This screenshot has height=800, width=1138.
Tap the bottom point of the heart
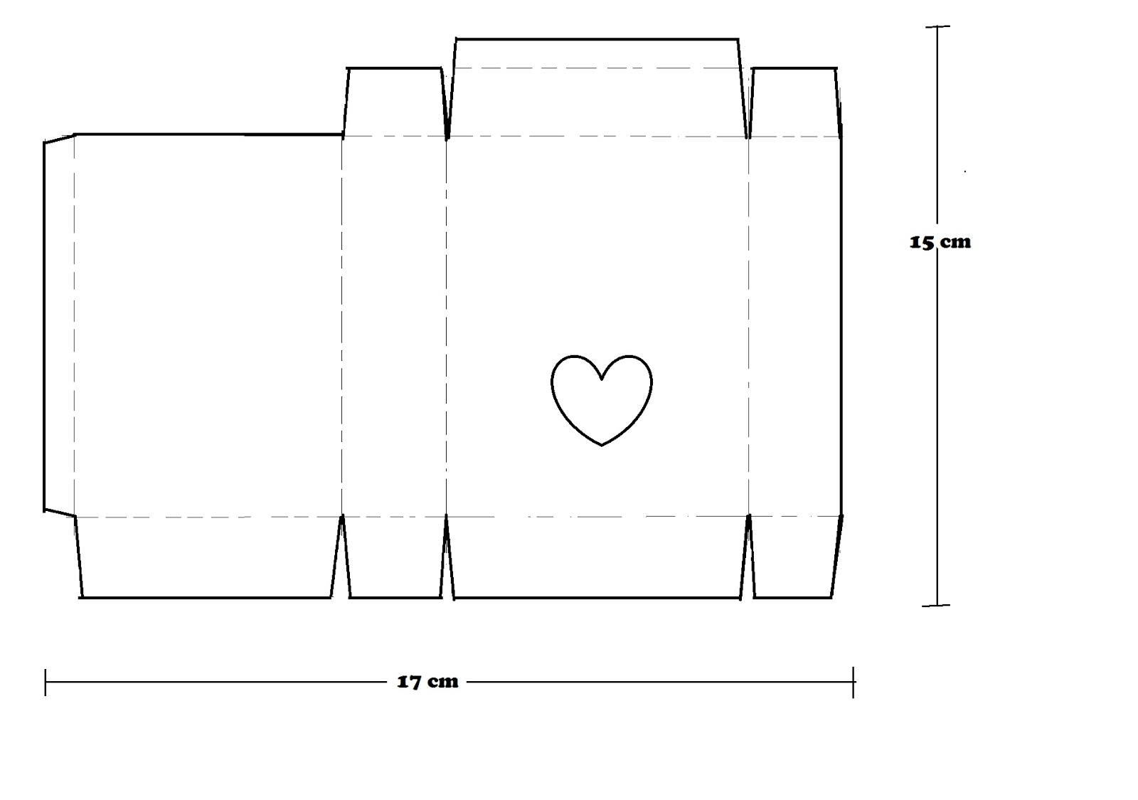tap(602, 446)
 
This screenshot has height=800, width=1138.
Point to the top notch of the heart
tap(602, 379)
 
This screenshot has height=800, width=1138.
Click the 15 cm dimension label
tap(940, 243)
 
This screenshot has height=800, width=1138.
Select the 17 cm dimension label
tap(427, 682)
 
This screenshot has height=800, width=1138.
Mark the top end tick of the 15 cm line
tap(937, 26)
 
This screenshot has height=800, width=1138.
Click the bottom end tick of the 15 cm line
tap(936, 605)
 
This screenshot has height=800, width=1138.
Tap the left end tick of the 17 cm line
tap(46, 682)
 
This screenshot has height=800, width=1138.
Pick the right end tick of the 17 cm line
tap(854, 682)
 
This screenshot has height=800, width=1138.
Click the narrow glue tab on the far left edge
tap(60, 326)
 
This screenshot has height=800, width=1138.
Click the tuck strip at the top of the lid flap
tap(597, 53)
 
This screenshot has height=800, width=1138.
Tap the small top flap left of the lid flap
tap(394, 102)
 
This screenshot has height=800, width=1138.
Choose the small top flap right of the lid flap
tap(794, 102)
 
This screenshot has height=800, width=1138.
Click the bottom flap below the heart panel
tap(597, 557)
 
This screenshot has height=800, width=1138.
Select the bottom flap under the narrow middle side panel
tap(395, 557)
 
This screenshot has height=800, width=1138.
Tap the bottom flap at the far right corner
tap(794, 557)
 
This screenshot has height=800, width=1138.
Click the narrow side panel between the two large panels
tap(394, 326)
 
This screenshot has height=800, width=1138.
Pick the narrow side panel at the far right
tap(795, 326)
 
